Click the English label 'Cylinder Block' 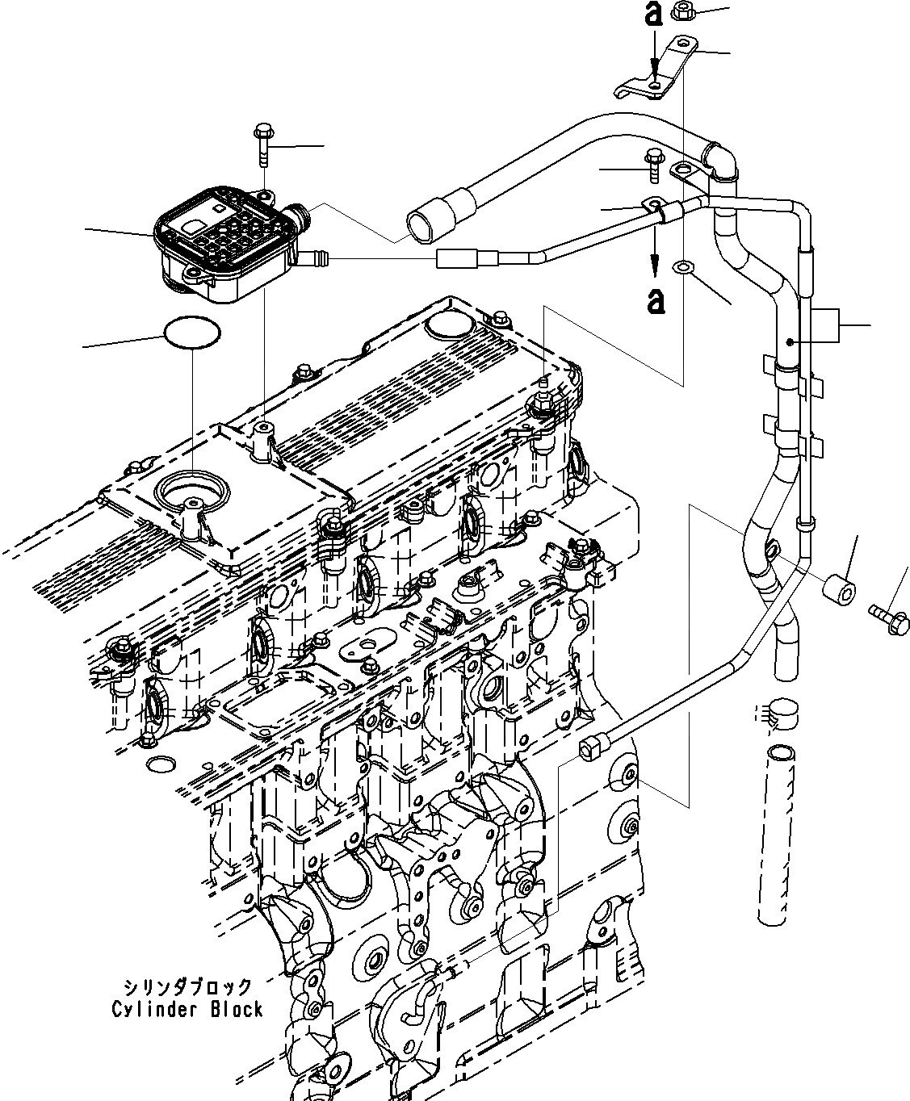pyautogui.click(x=187, y=1009)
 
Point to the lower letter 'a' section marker pyautogui.click(x=656, y=300)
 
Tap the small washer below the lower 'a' pyautogui.click(x=684, y=266)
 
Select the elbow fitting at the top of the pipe pyautogui.click(x=721, y=160)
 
